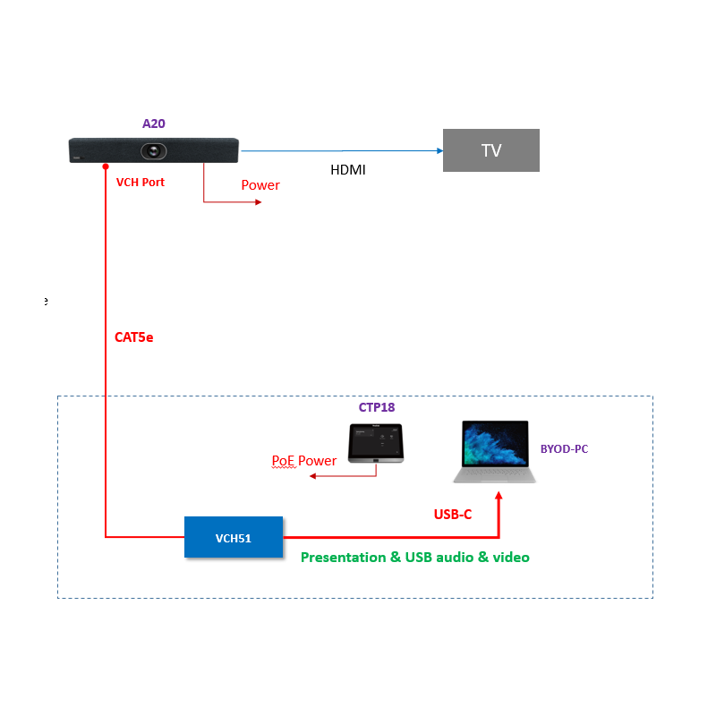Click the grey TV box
[491, 150]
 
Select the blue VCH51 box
[234, 537]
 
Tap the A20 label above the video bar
[154, 124]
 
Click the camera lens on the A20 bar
[157, 150]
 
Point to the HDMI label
[348, 169]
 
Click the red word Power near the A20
[260, 185]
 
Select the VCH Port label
[141, 182]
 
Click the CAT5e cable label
[134, 337]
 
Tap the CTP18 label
[377, 407]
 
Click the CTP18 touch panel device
[376, 442]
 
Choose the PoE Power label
[304, 461]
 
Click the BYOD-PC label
[564, 448]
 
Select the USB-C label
[452, 515]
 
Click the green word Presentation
[343, 558]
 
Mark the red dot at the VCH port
[106, 166]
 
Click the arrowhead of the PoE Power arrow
[312, 477]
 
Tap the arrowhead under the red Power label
[259, 202]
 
